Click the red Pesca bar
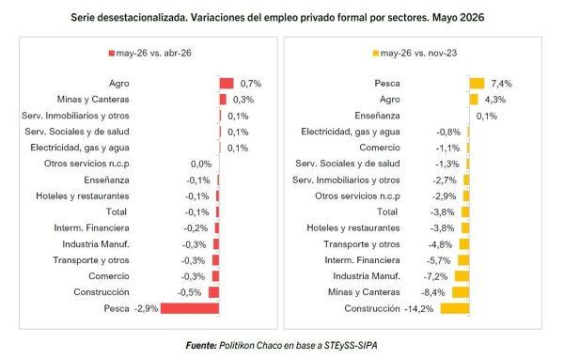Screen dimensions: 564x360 (x=190, y=308)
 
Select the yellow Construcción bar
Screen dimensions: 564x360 (x=455, y=308)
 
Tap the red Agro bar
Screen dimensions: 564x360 (x=227, y=84)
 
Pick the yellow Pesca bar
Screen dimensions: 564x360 (x=477, y=84)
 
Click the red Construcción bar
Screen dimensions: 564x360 (x=213, y=292)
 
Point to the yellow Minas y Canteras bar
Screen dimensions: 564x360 (x=461, y=292)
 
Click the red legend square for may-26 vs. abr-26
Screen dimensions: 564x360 (x=112, y=54)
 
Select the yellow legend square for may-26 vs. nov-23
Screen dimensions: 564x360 (x=376, y=54)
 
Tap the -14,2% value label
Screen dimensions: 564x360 (x=419, y=308)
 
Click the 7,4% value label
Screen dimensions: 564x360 (x=501, y=84)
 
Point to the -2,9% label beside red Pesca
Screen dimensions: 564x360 (x=146, y=308)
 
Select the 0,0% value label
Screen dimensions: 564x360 (x=201, y=164)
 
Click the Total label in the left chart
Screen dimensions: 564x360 (x=117, y=211)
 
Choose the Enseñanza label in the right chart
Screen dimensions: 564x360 (x=377, y=116)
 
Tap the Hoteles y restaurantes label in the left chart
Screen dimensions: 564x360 (x=83, y=196)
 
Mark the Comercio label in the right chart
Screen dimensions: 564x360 (x=380, y=148)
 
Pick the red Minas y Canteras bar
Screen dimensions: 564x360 (x=223, y=100)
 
